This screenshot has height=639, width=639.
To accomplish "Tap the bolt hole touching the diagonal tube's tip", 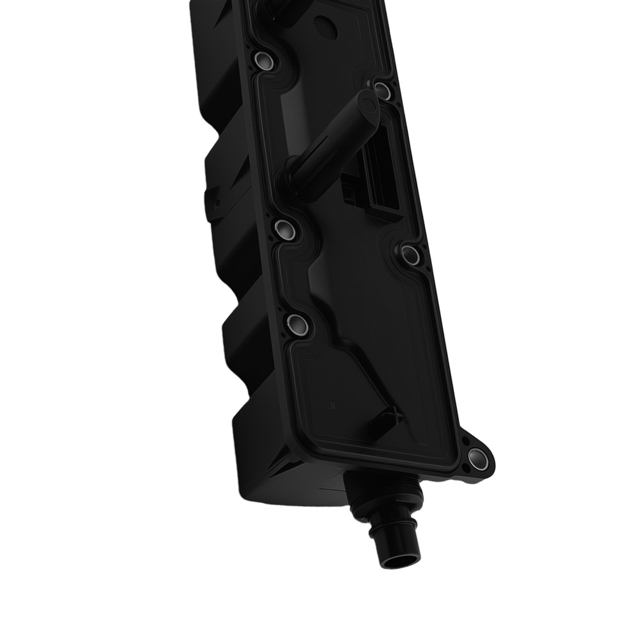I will point(381,90).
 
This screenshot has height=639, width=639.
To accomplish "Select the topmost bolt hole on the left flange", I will point(263,61).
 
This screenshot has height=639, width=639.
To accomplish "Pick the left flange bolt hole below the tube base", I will point(284,229).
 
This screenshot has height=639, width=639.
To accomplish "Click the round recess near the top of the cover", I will point(327,27).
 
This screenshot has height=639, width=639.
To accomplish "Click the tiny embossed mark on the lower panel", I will point(332,405).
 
